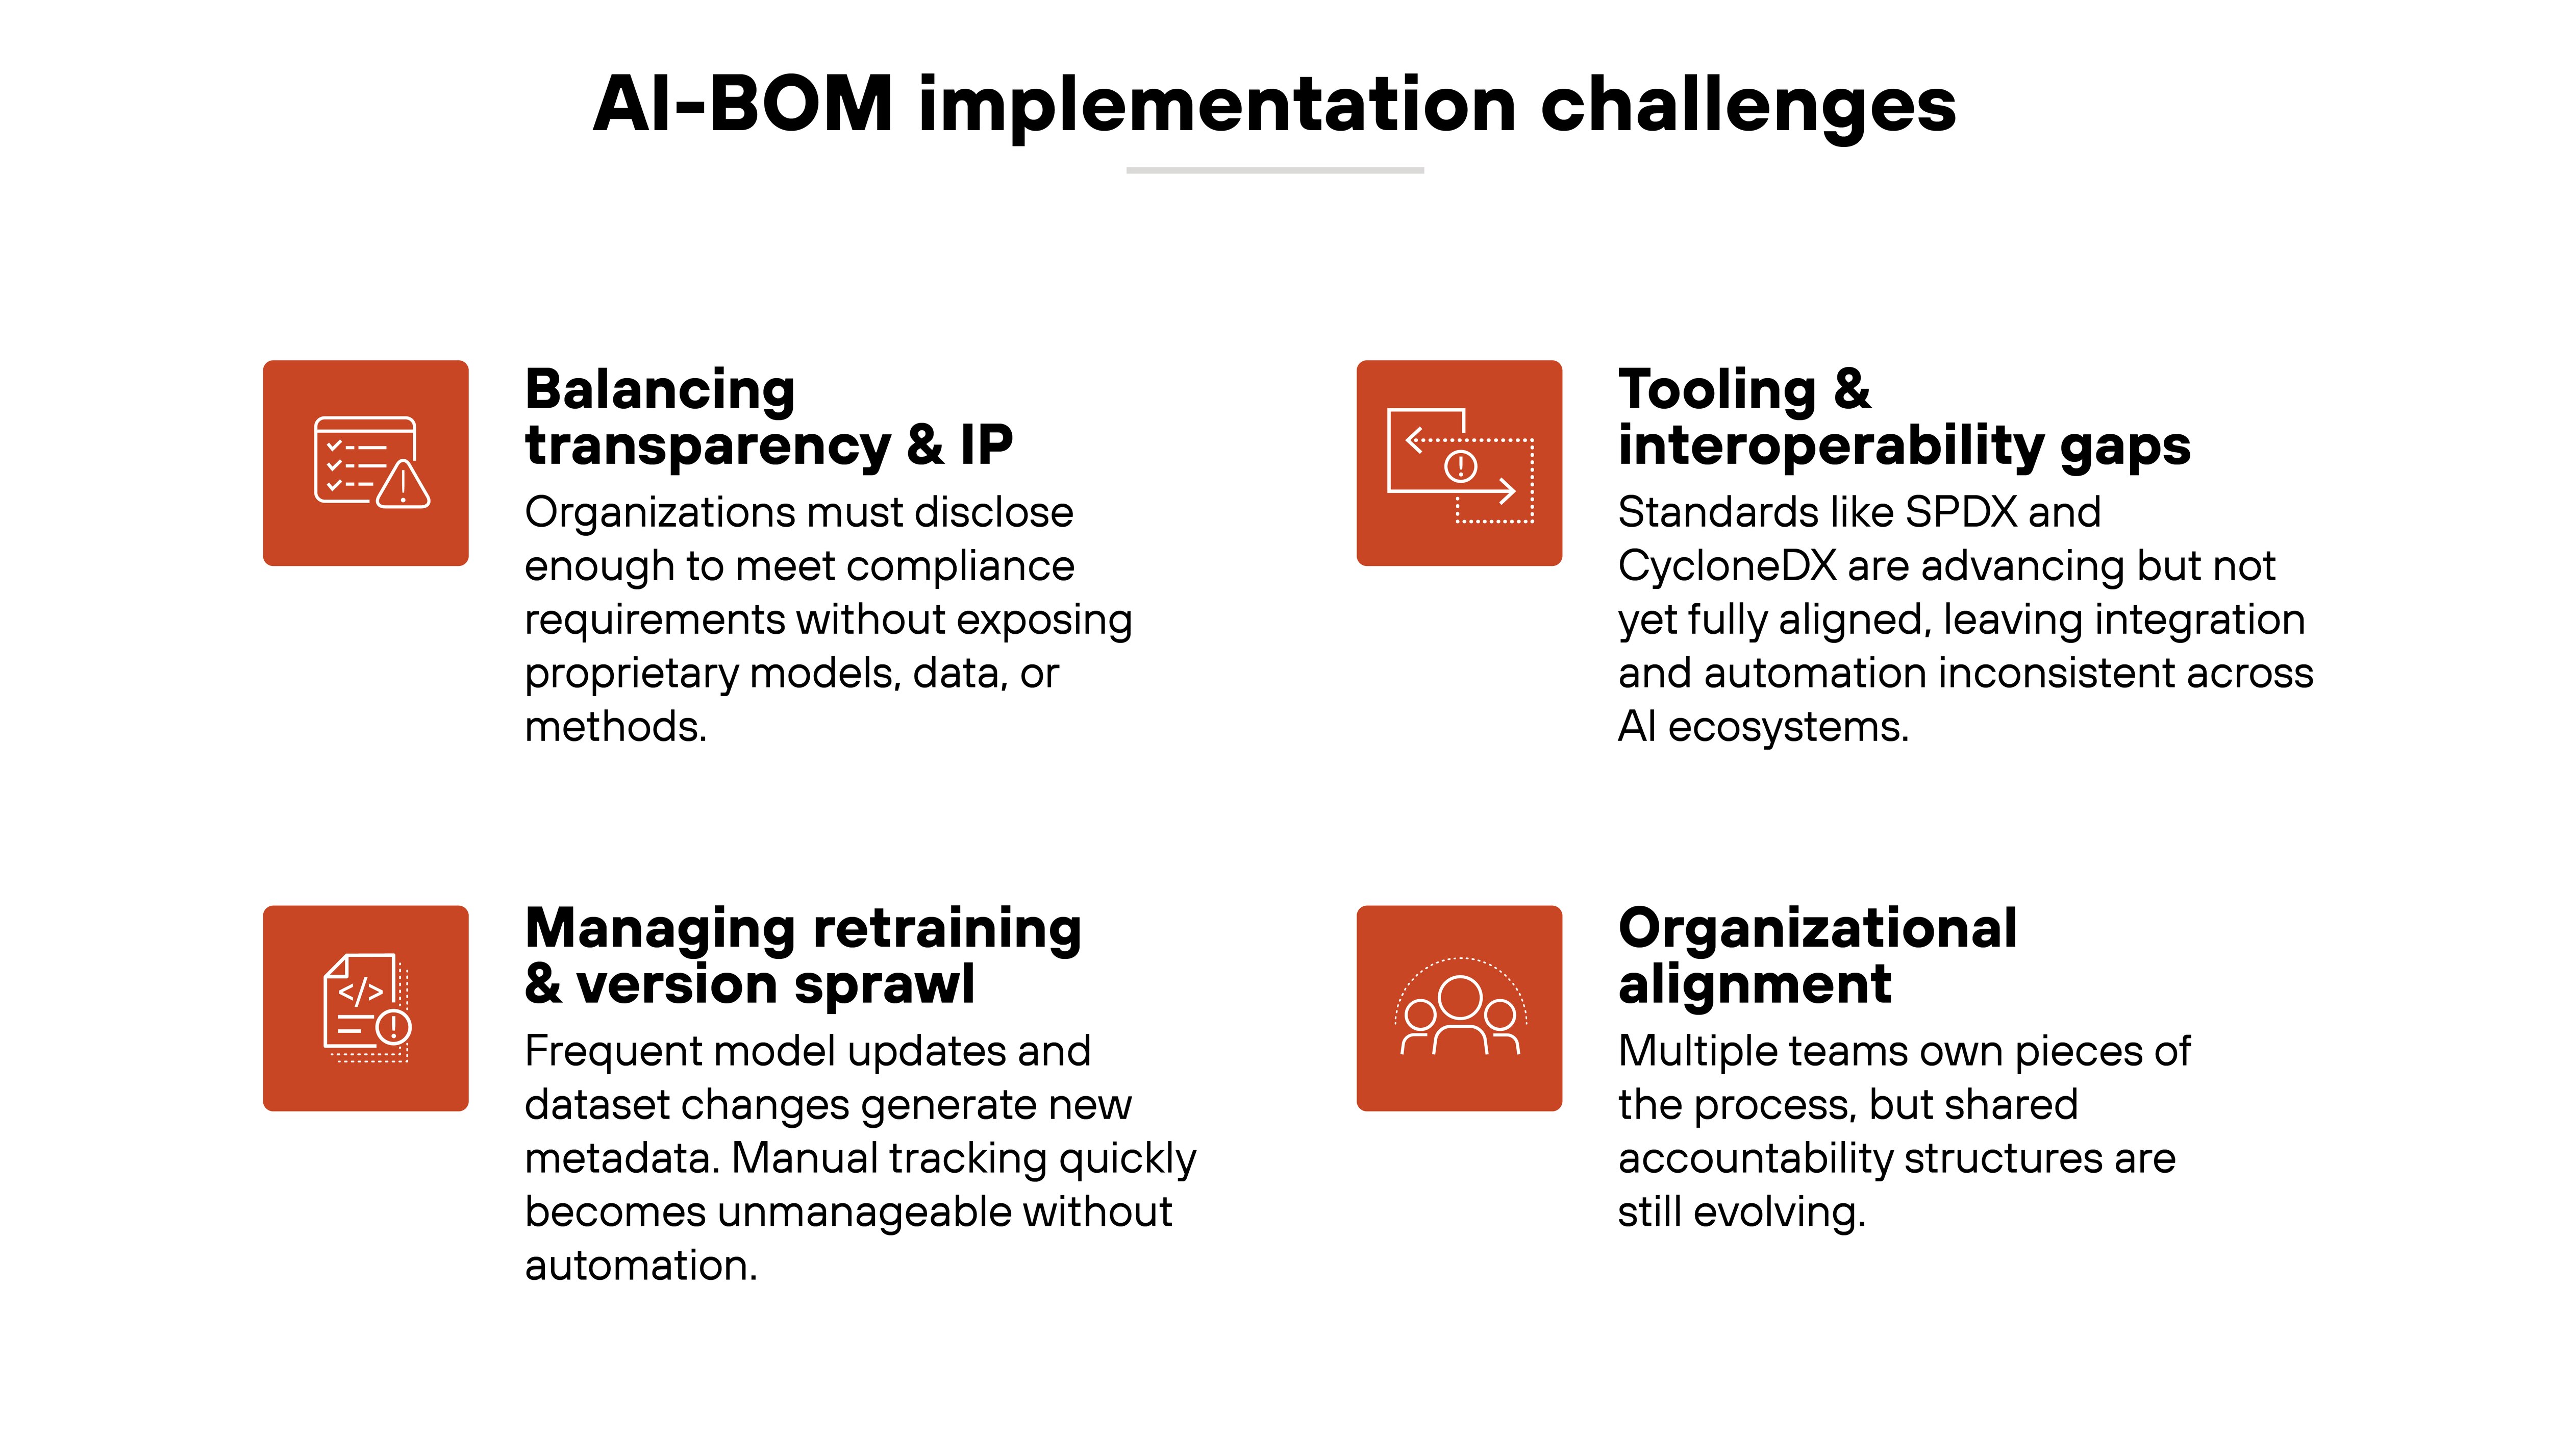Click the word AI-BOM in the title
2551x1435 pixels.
pos(743,105)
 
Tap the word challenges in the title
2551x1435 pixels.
pos(1748,105)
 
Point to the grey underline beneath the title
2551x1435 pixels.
pos(1274,170)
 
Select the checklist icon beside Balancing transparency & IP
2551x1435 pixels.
pos(365,462)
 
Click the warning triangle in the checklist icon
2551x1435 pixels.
pos(402,485)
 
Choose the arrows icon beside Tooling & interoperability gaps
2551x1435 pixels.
pos(1459,462)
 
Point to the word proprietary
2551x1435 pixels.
pos(631,675)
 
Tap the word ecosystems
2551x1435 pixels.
pos(1787,728)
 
